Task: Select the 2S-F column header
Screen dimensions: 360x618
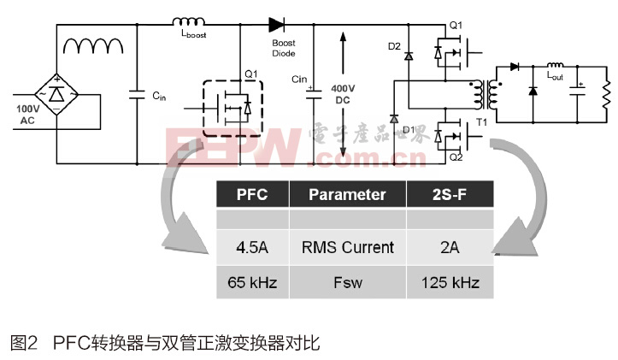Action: (x=449, y=194)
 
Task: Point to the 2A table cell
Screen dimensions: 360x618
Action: (x=449, y=248)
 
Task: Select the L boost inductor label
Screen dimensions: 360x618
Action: (x=195, y=35)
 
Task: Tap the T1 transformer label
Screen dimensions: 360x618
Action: (x=482, y=121)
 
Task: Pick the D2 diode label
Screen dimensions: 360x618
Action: (x=394, y=46)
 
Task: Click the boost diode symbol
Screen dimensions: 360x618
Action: (x=276, y=25)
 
